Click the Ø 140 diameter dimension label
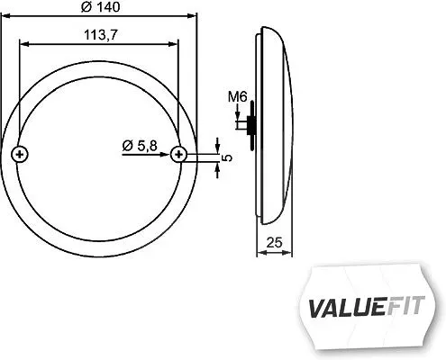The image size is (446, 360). (101, 7)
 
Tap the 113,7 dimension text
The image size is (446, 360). (101, 35)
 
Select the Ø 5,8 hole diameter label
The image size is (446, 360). (140, 146)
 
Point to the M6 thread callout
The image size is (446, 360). (237, 97)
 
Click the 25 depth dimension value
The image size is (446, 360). (274, 242)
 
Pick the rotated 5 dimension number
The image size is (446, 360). (228, 157)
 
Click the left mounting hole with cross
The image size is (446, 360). (20, 155)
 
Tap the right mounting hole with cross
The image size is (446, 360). (178, 155)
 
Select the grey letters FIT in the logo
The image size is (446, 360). (405, 306)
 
